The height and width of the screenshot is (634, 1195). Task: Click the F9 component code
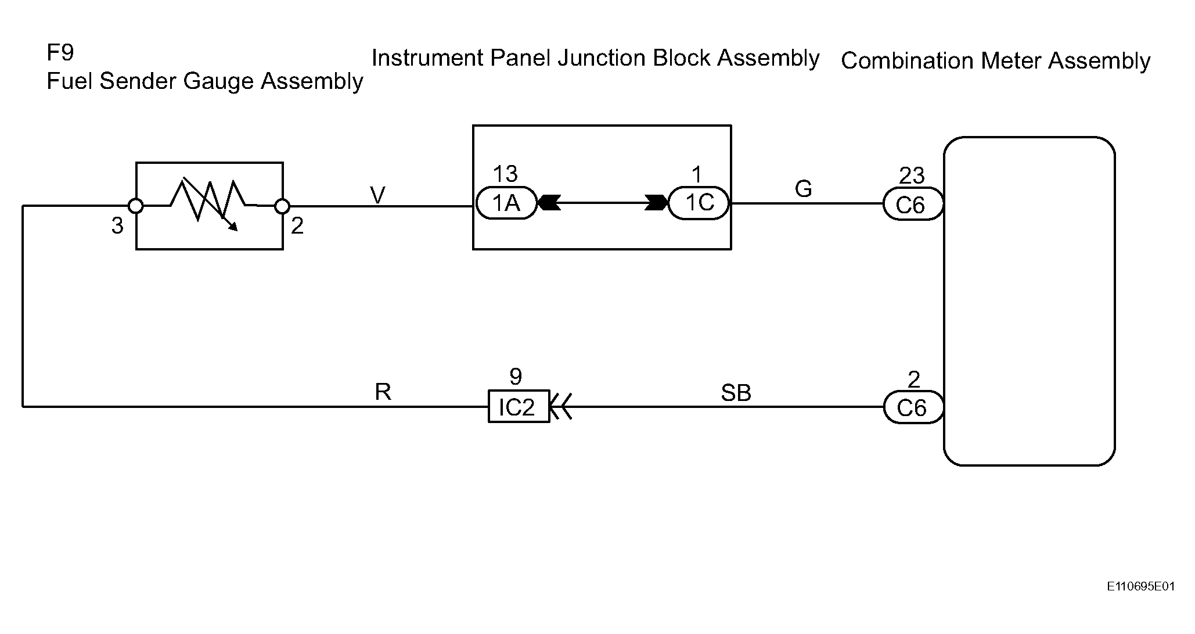60,53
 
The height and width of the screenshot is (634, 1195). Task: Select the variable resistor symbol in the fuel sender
210,204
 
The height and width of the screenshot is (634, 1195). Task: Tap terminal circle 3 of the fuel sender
136,206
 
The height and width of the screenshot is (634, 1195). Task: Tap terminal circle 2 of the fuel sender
282,206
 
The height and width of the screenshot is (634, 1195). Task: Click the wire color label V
377,196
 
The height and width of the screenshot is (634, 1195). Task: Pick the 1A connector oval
506,203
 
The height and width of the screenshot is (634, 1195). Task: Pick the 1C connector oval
699,203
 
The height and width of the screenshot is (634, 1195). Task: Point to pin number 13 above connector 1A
505,174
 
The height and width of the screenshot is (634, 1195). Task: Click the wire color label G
803,188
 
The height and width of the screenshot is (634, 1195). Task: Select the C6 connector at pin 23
913,204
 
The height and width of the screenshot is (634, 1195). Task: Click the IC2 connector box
519,406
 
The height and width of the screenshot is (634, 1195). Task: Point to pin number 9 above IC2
516,377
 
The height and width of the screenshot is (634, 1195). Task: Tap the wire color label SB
736,393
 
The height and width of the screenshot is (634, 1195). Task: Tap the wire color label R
383,392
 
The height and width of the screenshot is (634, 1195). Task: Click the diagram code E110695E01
1140,586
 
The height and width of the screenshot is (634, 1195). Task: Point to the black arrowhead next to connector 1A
549,203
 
